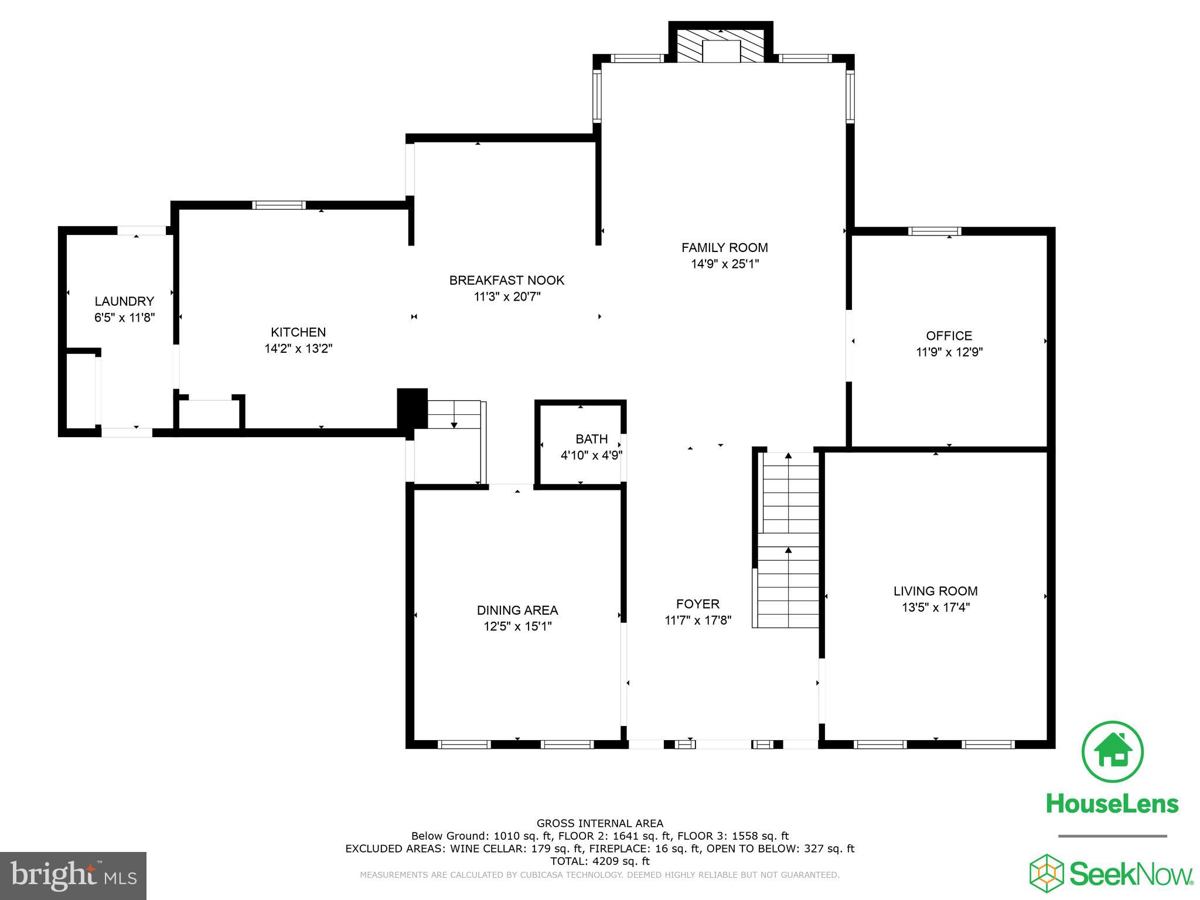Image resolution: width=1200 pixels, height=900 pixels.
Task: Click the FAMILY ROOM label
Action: point(724,247)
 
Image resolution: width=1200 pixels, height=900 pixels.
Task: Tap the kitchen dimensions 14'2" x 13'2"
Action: point(298,349)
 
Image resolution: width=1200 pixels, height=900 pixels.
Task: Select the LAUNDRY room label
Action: point(124,301)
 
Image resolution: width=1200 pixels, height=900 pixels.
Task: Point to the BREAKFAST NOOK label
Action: point(506,280)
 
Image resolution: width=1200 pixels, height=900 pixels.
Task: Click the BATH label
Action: point(591,439)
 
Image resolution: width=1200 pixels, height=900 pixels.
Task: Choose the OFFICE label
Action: point(949,336)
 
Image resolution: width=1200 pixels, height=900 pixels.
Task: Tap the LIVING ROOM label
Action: point(935,591)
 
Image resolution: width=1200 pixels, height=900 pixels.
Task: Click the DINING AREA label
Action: point(517,611)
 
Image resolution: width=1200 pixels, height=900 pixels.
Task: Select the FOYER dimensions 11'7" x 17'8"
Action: point(698,620)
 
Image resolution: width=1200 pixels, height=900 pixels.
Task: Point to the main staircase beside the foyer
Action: point(789,539)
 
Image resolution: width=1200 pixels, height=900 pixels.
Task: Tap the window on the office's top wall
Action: point(934,231)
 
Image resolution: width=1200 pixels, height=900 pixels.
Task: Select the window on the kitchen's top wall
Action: point(279,205)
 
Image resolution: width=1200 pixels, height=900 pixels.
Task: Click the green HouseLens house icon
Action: point(1112,752)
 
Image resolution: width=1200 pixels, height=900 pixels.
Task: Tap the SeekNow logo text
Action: point(1131,874)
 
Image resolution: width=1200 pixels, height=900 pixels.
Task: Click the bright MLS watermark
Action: point(73,875)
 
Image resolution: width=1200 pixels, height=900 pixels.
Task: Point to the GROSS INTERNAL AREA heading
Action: point(599,823)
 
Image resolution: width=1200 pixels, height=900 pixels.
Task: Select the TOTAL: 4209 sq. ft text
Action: point(599,861)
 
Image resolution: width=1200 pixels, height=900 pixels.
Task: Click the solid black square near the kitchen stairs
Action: point(412,408)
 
